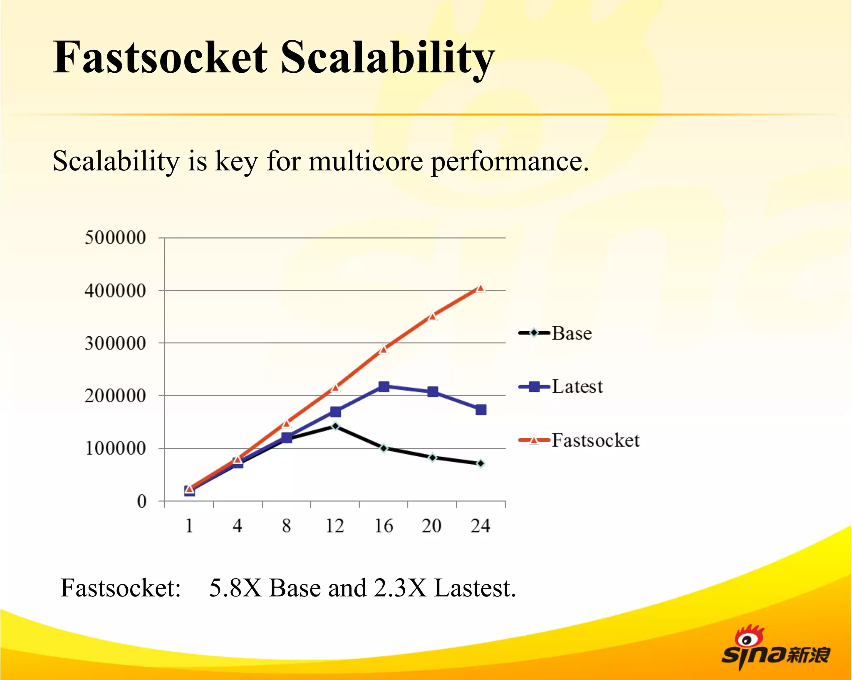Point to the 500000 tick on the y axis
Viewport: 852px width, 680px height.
point(115,238)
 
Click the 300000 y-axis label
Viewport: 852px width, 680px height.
point(115,343)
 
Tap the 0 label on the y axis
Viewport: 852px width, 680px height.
point(141,501)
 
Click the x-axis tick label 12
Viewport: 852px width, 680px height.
point(334,526)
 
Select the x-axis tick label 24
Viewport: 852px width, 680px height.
point(480,526)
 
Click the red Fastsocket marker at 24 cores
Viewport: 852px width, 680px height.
point(480,288)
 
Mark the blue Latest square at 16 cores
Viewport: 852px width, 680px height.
point(384,387)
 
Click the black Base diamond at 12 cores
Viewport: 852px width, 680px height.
point(335,426)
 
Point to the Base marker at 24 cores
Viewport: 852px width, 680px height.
point(480,463)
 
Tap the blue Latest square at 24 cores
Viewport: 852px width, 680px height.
point(480,410)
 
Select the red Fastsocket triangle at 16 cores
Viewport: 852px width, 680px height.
point(384,349)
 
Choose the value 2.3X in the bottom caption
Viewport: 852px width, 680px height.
point(400,588)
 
